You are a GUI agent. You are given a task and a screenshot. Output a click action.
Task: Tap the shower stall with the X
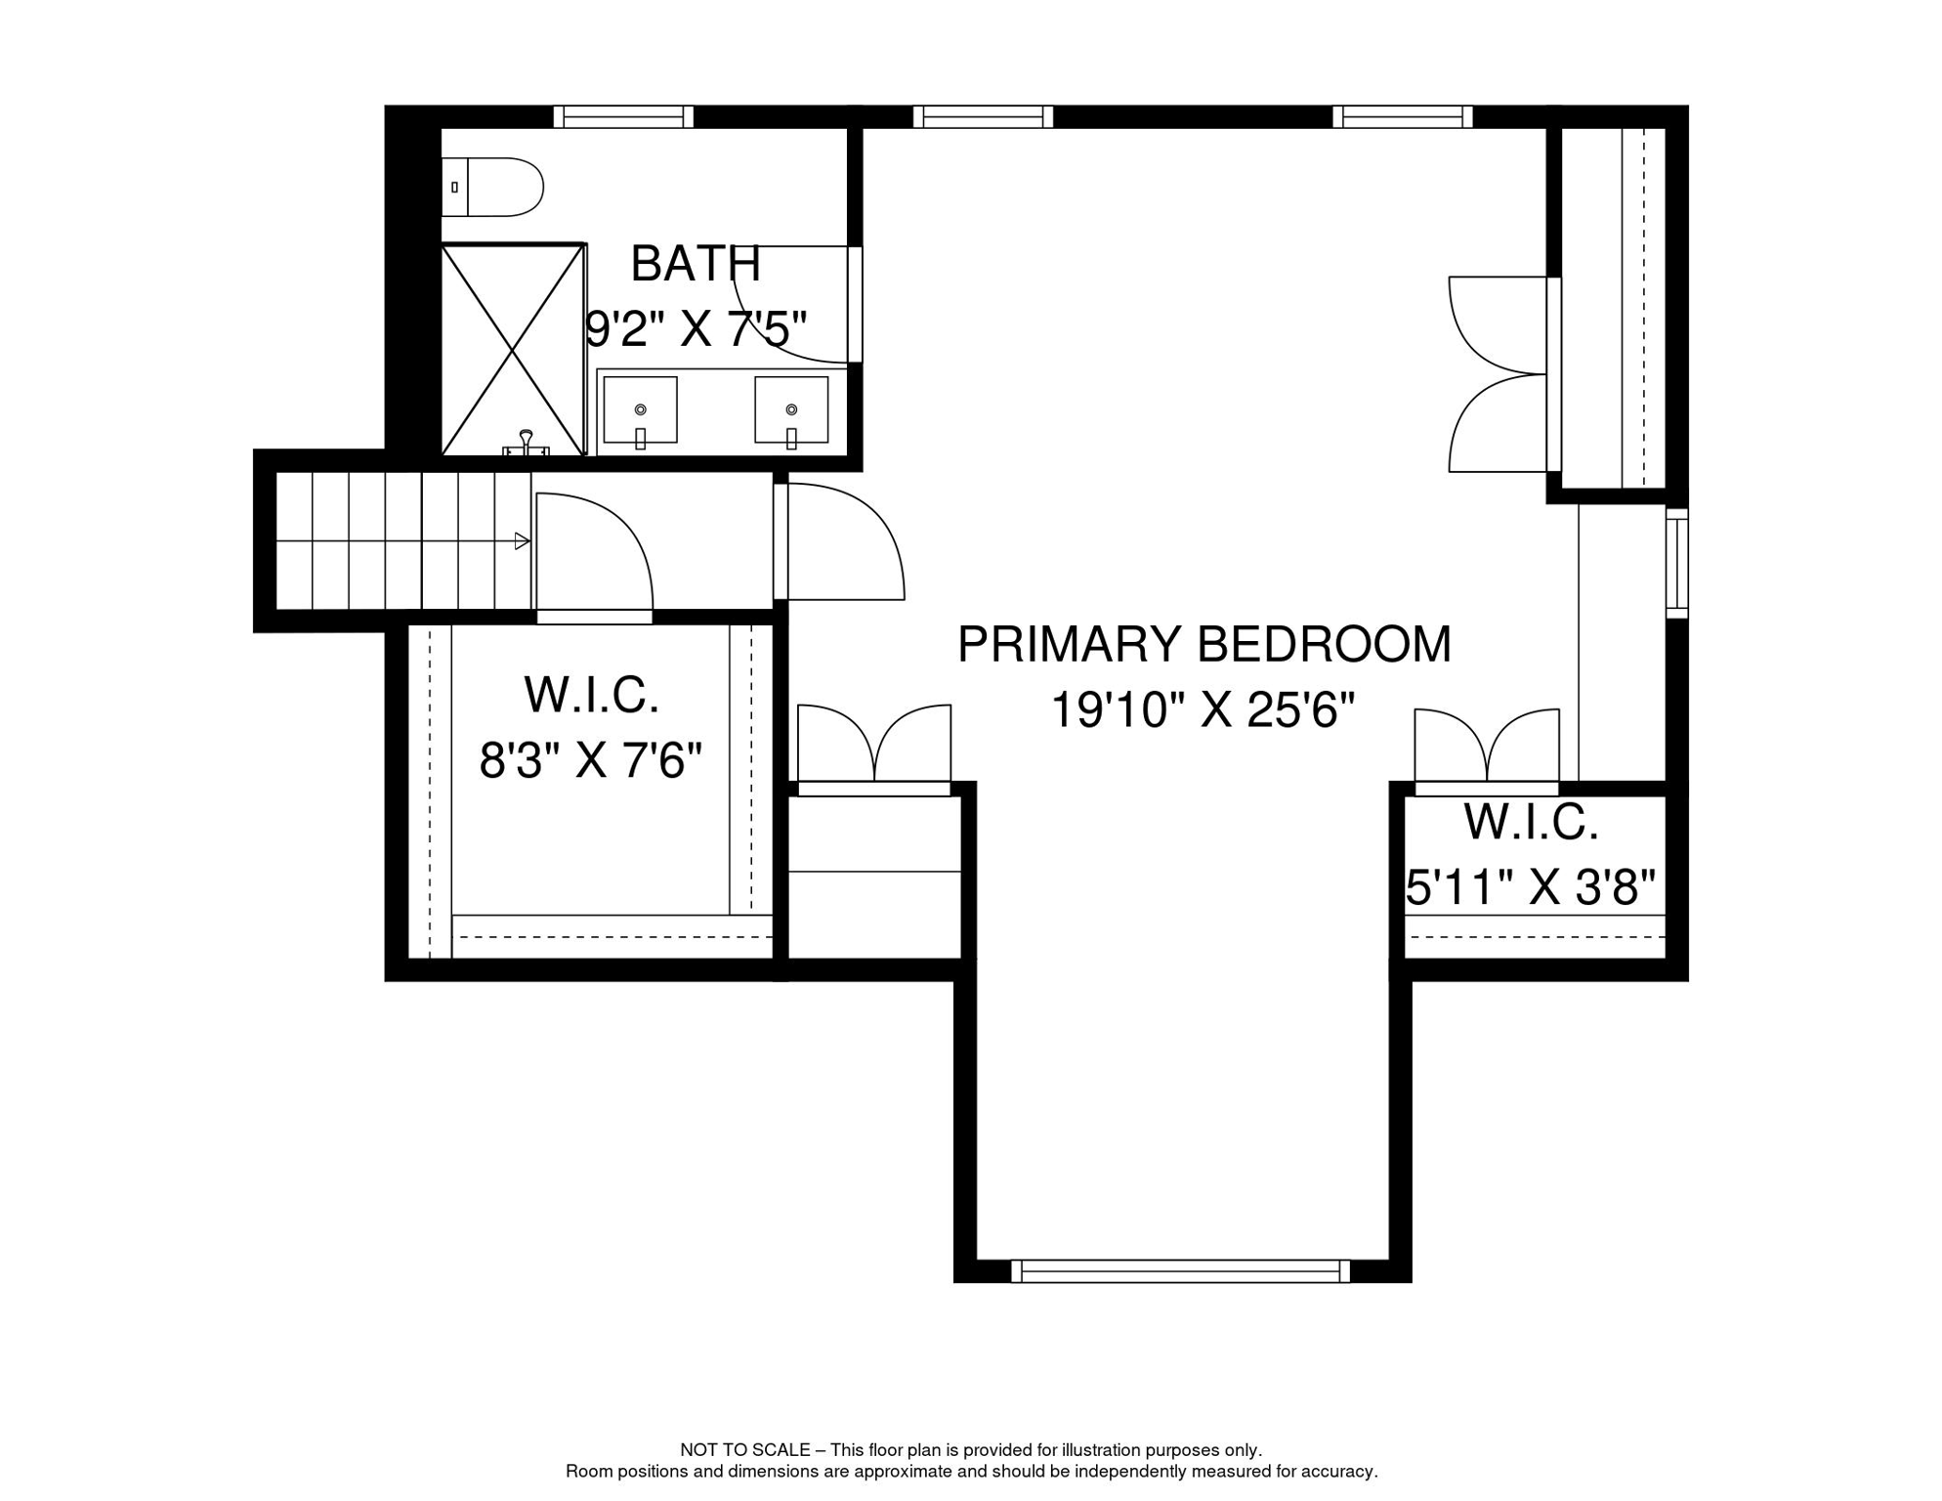tap(513, 350)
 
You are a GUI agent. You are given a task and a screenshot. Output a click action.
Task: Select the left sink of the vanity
tap(640, 410)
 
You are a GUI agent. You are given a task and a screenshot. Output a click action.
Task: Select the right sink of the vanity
tap(791, 410)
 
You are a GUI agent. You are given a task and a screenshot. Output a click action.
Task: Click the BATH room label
tap(695, 264)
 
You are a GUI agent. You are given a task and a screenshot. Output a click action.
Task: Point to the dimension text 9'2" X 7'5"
tap(696, 329)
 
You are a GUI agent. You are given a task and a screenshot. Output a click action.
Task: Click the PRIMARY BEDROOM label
tap(1203, 645)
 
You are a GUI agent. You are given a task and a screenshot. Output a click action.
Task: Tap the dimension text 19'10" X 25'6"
tap(1203, 710)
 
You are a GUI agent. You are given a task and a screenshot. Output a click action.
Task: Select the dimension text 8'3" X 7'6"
tap(590, 760)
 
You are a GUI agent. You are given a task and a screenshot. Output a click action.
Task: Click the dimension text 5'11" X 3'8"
tap(1531, 888)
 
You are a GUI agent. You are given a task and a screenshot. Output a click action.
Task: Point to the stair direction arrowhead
tap(522, 541)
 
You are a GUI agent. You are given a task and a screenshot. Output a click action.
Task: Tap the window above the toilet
tap(623, 117)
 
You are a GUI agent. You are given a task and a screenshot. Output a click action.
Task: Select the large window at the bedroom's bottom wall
tap(1180, 1271)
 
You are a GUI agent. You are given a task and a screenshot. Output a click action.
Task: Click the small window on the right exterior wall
tap(1676, 563)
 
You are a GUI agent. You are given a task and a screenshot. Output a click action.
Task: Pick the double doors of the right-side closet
tap(1499, 374)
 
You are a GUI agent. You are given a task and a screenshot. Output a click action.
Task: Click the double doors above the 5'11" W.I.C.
tap(1486, 748)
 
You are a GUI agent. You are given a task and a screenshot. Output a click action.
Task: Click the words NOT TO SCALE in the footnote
tap(745, 1450)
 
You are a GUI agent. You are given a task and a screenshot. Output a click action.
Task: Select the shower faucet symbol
tap(526, 443)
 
